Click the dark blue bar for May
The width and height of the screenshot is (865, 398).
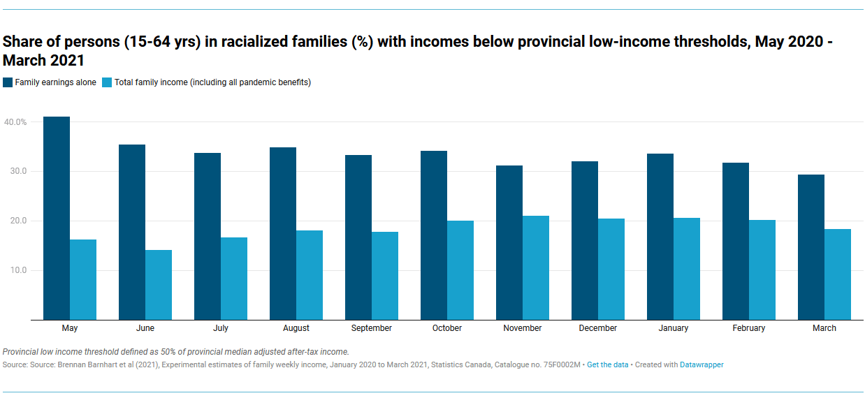[x=57, y=218]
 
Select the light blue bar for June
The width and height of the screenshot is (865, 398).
[x=159, y=285]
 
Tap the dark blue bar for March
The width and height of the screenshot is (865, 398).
[x=811, y=247]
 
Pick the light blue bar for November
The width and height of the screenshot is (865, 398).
[x=536, y=267]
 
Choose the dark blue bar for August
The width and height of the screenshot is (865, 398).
[x=283, y=233]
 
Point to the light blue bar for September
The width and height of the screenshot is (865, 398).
[x=385, y=276]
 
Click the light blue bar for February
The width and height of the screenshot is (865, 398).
[x=762, y=270]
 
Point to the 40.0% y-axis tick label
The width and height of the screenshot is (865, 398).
[x=15, y=122]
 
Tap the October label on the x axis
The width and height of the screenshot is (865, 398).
[x=447, y=328]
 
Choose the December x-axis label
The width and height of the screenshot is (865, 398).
[x=598, y=328]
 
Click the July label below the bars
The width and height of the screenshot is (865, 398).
[x=221, y=328]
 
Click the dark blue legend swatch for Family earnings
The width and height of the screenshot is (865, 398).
[x=8, y=82]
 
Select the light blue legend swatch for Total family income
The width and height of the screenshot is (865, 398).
[x=107, y=82]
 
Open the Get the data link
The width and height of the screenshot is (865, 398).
[x=607, y=365]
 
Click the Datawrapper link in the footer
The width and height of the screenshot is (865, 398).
[x=702, y=365]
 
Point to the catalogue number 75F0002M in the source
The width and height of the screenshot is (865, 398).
[x=559, y=365]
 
